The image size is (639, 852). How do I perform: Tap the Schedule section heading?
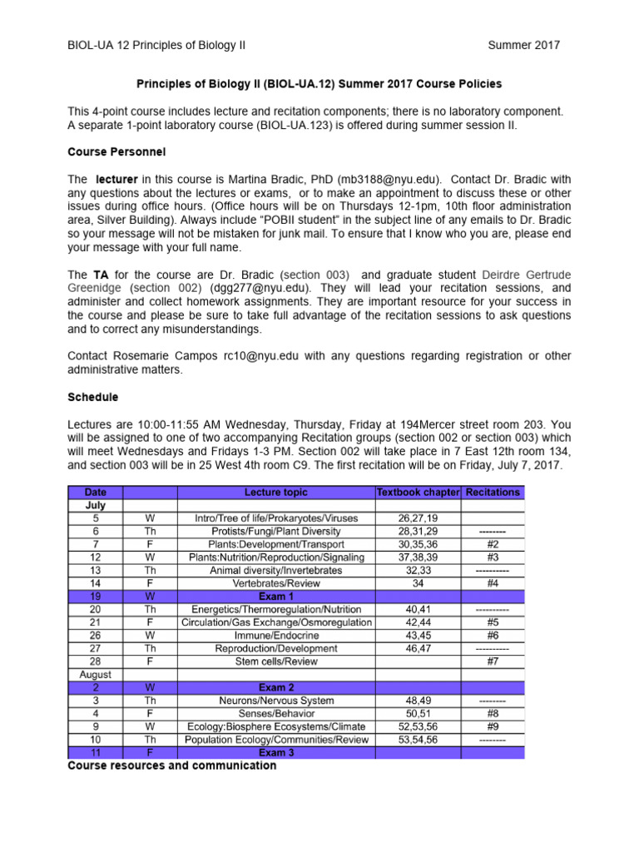coord(92,397)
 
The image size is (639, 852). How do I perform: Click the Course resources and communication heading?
coord(171,765)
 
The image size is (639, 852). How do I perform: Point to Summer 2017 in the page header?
coord(523,45)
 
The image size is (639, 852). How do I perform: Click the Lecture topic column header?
coord(276,492)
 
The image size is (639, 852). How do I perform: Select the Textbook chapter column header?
coord(418,492)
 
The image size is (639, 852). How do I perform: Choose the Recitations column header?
coord(493,492)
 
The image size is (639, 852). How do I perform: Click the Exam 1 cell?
coord(276,597)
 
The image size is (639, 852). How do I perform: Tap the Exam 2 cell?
coord(276,687)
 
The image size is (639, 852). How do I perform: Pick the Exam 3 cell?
coord(276,753)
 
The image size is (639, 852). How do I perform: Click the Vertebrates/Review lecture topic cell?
coord(276,583)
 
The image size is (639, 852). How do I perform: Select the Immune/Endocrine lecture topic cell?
coord(276,635)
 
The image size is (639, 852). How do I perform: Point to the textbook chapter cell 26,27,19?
coord(418,518)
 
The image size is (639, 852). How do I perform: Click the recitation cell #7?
coord(493,661)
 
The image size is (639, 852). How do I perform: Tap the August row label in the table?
coord(95,675)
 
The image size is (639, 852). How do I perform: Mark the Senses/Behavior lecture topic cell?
coord(276,713)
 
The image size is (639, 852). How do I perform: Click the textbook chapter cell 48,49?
coord(418,701)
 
